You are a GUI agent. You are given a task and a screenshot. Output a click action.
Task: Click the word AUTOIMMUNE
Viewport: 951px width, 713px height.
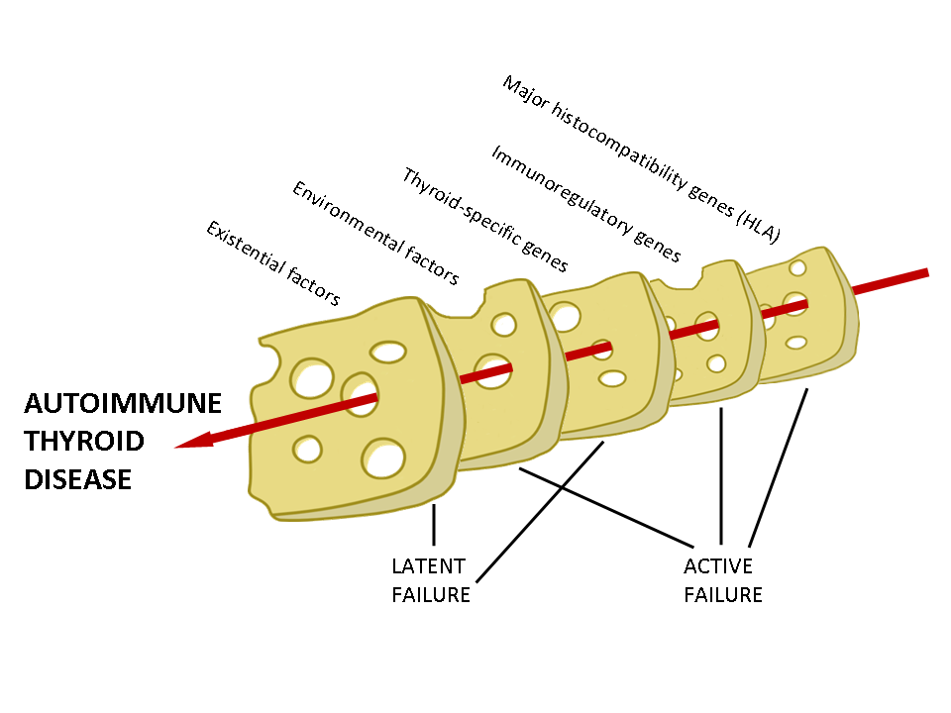[x=123, y=405]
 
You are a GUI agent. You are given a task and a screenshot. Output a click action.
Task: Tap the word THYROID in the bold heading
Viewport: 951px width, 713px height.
[x=84, y=442]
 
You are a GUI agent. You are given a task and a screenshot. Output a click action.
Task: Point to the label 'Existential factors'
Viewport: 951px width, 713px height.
[x=272, y=263]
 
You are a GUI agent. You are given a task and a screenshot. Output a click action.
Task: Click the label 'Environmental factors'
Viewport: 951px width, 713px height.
[x=375, y=234]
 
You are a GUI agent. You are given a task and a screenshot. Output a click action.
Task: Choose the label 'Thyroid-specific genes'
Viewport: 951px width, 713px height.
[x=484, y=220]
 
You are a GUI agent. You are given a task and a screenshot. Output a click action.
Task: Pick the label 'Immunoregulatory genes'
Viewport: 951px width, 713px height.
[x=585, y=204]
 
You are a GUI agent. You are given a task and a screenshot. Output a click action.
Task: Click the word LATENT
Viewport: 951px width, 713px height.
[x=429, y=567]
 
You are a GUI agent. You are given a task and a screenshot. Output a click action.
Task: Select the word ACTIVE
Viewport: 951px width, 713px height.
[x=718, y=567]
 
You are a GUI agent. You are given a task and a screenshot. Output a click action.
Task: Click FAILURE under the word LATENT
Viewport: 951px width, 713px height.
[x=431, y=595]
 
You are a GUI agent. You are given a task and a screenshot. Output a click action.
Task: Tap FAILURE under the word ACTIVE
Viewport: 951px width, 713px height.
[x=723, y=595]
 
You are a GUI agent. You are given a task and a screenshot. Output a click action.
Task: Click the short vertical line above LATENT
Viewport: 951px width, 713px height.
[x=433, y=524]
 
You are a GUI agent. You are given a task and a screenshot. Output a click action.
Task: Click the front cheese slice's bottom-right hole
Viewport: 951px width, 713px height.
[x=383, y=458]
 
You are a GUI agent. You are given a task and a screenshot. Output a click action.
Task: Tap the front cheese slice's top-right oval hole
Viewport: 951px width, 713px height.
[x=388, y=352]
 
